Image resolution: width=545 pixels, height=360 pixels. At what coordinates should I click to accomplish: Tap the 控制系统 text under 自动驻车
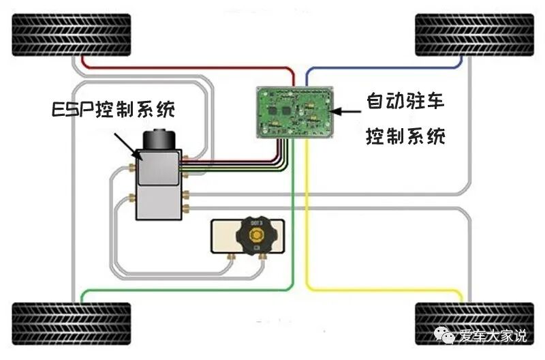click(406, 136)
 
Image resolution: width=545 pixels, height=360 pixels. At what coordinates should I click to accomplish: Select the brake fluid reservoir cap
click(256, 236)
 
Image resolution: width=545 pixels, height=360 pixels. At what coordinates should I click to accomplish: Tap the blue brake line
click(381, 69)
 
